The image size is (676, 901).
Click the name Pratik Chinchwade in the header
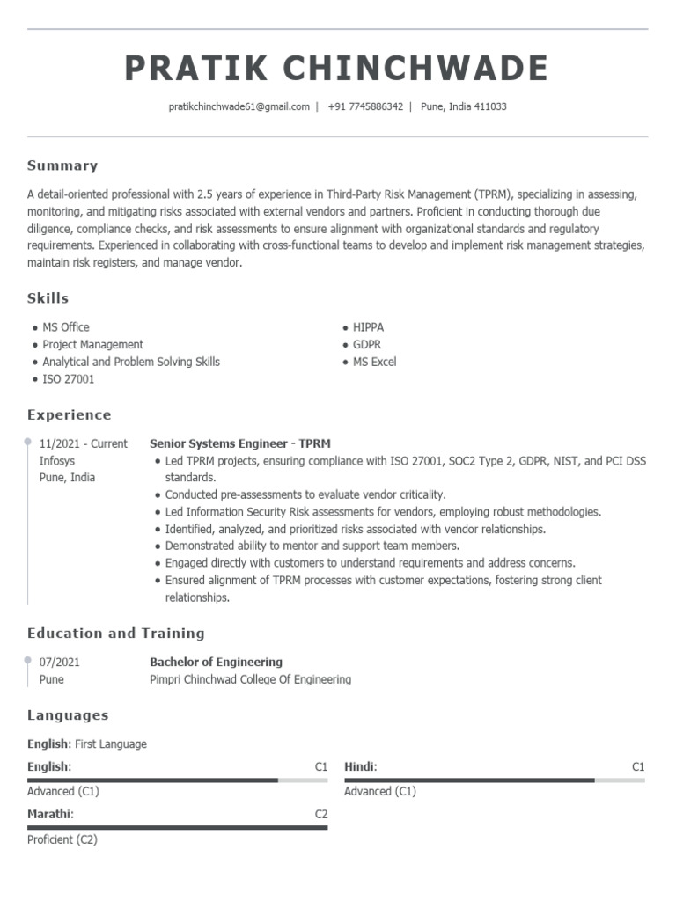click(337, 69)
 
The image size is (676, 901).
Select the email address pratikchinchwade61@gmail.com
click(239, 106)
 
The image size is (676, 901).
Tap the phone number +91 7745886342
click(365, 106)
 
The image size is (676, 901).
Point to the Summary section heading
click(62, 165)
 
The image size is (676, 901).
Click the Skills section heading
click(48, 298)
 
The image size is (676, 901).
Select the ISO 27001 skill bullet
click(68, 379)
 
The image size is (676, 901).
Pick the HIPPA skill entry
click(368, 327)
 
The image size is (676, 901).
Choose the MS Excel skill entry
click(374, 362)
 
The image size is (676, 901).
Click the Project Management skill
click(92, 345)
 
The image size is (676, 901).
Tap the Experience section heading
click(70, 414)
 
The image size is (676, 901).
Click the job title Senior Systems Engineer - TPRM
click(240, 443)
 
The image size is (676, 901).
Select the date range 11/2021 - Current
click(84, 443)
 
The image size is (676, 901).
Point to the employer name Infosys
click(57, 460)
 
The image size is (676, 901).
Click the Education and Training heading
click(115, 633)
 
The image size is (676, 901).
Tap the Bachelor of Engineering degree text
click(216, 662)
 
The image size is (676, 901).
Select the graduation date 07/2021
click(60, 662)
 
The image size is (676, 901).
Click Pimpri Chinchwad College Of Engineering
click(250, 679)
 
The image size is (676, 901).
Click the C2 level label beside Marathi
click(321, 814)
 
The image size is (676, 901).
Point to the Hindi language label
click(360, 766)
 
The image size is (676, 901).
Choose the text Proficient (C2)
click(62, 839)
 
